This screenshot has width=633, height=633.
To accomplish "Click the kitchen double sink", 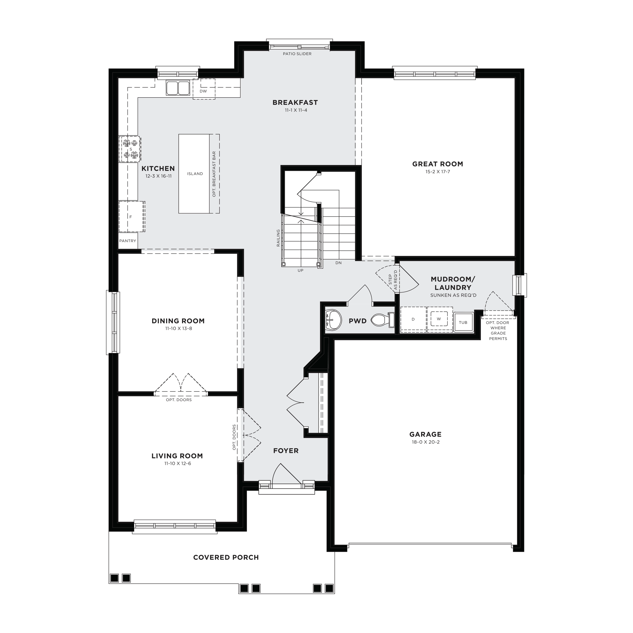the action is point(178,88).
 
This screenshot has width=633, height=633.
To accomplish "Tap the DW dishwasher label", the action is point(203,91).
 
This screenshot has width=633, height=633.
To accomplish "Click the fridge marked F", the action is point(131,216).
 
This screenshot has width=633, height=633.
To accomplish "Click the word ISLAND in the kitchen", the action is point(195,174).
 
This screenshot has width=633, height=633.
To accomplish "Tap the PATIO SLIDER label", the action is point(297,54).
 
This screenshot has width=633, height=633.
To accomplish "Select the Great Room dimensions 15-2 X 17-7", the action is point(438,172).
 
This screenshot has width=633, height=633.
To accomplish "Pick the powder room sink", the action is point(333,320).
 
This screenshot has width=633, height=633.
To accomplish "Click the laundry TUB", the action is point(463,322).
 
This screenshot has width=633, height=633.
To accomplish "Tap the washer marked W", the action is point(439,319).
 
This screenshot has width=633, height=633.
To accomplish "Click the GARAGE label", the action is point(425,434).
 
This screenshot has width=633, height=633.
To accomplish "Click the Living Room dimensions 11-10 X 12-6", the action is point(177,463).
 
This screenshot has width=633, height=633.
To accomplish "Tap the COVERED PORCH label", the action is point(226,557).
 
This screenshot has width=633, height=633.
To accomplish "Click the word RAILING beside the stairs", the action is point(279,238).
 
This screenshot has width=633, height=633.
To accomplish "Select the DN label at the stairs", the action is point(339,263).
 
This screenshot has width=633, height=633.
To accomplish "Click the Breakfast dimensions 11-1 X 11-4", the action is point(296,110).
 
